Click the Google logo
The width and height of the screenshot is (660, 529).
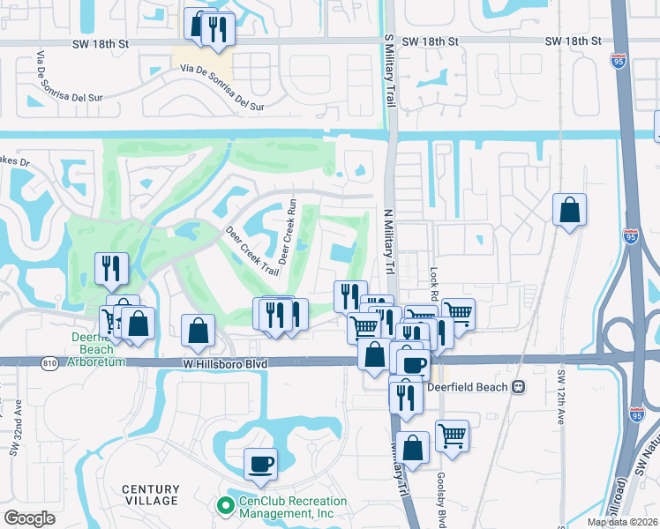[x=29, y=518]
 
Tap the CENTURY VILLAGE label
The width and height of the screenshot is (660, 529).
[x=150, y=495]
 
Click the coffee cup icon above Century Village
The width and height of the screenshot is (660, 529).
[x=260, y=463]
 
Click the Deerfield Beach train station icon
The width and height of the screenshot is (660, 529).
[x=520, y=386]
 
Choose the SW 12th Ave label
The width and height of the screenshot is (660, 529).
[x=560, y=397]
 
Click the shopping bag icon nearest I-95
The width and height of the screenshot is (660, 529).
[x=570, y=210]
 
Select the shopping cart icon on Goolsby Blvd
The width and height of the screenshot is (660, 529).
[x=452, y=435]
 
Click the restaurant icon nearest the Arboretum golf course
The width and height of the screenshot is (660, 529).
[x=111, y=268]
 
